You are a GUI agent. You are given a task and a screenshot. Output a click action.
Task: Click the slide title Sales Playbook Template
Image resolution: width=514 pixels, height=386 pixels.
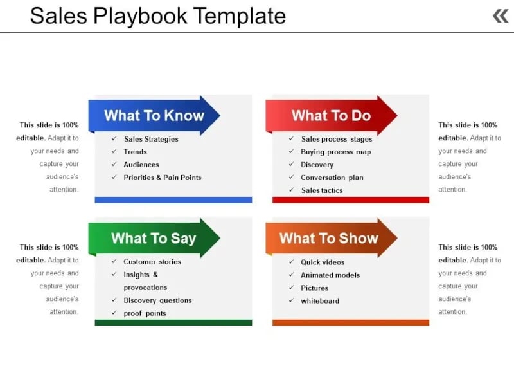click(x=158, y=15)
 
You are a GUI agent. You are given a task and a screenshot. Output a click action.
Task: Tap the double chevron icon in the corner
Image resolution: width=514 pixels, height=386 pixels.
click(x=500, y=15)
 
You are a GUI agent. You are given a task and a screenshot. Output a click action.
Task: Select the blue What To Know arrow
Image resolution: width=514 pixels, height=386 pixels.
click(x=154, y=116)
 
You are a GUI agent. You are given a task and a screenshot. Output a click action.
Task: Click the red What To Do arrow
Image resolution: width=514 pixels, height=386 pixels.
click(x=332, y=116)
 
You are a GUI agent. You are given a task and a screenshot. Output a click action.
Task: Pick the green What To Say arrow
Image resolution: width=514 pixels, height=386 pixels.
click(x=154, y=238)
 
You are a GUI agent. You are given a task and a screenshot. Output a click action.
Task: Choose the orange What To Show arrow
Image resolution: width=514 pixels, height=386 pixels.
click(x=329, y=238)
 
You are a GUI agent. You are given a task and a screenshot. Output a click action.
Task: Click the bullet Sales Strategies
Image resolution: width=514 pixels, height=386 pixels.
click(x=151, y=139)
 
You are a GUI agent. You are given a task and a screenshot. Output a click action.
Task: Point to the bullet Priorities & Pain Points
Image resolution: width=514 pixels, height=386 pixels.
click(x=163, y=178)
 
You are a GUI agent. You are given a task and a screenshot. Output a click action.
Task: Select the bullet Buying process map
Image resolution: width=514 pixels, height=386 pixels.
click(x=336, y=152)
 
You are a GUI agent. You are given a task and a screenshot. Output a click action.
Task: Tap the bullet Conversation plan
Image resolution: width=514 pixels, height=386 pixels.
click(x=332, y=178)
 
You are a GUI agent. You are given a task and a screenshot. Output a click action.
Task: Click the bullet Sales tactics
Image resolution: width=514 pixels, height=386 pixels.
click(x=322, y=190)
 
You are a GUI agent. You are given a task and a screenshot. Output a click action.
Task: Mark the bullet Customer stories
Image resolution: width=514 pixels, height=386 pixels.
click(x=152, y=262)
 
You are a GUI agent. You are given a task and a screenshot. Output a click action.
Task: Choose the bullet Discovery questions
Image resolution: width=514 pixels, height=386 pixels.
click(x=157, y=300)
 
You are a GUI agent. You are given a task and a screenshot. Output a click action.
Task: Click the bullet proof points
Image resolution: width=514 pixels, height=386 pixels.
click(x=145, y=313)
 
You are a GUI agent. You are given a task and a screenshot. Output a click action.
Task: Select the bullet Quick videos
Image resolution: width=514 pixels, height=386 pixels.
click(x=323, y=262)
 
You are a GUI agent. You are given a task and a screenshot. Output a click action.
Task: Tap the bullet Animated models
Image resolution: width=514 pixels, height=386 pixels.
click(x=330, y=275)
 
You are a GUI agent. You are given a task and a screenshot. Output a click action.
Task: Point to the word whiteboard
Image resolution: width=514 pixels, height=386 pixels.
click(x=320, y=301)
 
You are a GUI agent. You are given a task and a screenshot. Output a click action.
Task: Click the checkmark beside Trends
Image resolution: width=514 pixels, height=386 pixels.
click(x=114, y=152)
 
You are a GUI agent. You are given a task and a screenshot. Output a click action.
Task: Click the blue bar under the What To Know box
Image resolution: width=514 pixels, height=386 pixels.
click(x=173, y=200)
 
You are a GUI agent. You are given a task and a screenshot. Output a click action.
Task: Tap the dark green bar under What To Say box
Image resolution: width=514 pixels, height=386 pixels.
click(x=173, y=322)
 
